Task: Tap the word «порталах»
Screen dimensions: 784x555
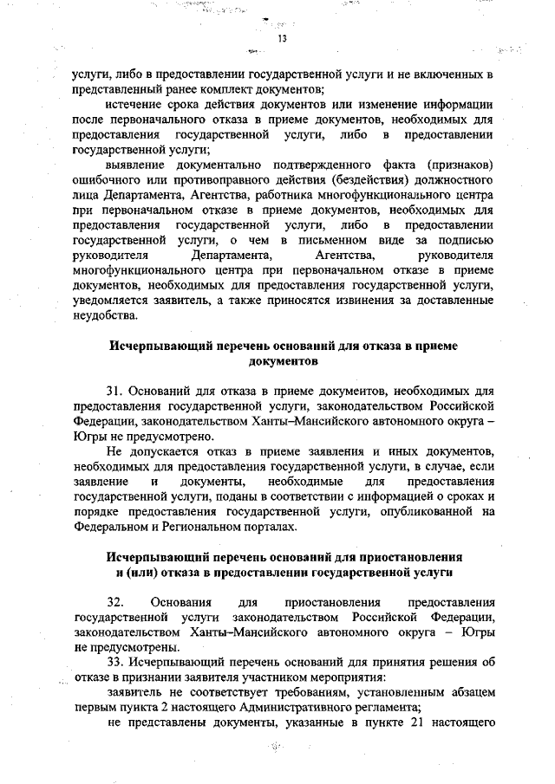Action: coord(270,527)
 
